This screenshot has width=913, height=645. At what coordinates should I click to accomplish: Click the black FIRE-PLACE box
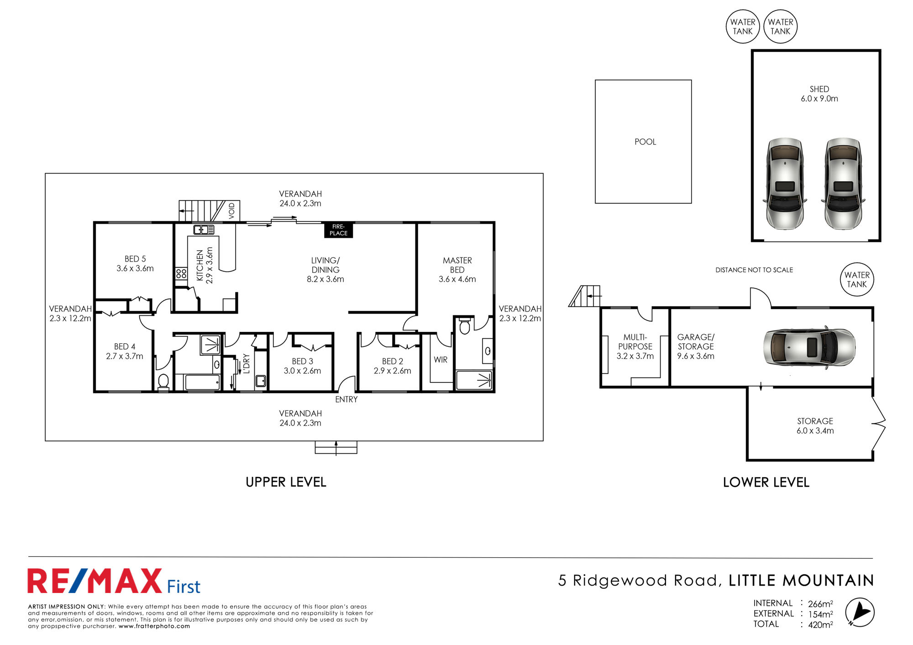point(338,230)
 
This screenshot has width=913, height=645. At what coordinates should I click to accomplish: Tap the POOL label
point(645,142)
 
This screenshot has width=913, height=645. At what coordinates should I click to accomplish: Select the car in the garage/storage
point(809,347)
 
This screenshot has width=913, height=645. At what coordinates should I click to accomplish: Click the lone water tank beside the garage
point(857,279)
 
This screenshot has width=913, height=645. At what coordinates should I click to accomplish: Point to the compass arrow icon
point(860,612)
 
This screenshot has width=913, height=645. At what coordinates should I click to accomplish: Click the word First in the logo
point(184,587)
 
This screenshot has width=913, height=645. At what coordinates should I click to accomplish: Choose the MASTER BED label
point(457,265)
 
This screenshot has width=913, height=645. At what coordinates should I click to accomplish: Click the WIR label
point(441,360)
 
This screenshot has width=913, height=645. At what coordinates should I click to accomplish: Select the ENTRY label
point(346,399)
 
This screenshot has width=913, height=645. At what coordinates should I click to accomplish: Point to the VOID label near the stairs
point(232,210)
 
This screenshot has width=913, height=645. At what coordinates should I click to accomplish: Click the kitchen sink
point(204,230)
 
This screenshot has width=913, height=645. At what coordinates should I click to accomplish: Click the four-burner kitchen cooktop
point(181,273)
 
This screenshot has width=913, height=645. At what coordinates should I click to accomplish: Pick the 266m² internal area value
point(820,603)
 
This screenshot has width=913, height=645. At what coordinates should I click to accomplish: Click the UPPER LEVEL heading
point(286,482)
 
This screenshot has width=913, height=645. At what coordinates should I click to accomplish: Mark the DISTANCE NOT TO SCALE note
point(754,270)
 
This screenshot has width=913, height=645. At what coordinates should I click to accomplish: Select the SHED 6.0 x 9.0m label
point(819,94)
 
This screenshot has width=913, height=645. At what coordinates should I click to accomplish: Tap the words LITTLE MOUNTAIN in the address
point(801,580)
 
